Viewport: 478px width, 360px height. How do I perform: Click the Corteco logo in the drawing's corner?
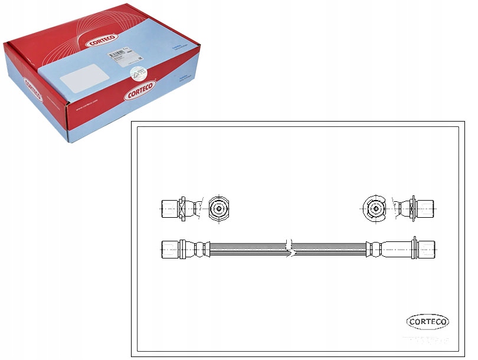coord(428,322)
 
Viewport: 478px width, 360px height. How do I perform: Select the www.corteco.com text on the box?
coord(89,109)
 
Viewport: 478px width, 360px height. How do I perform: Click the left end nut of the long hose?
coord(170,248)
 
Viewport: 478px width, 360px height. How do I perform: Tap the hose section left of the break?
coord(248,248)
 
